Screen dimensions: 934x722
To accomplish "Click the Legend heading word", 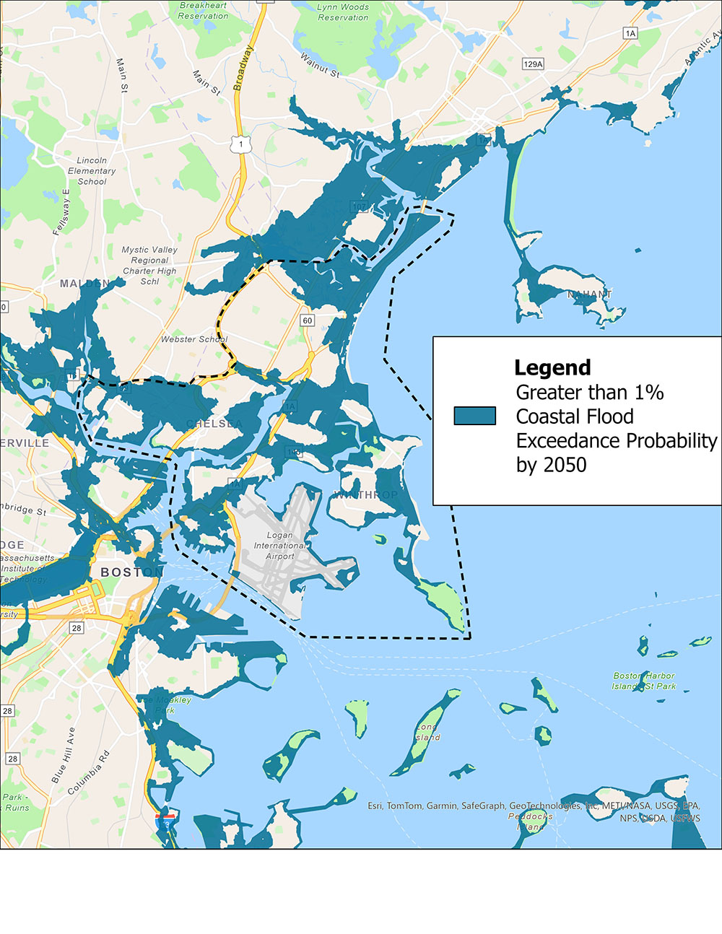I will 552,367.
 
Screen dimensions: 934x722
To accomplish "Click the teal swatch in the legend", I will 474,416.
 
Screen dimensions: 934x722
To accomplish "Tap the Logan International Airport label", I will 280,546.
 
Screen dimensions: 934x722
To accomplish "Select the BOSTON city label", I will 131,572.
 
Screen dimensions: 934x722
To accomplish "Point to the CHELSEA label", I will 214,424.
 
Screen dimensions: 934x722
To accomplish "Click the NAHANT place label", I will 589,294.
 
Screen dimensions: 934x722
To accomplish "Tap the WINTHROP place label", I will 365,494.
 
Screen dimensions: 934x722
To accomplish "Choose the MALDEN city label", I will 84,284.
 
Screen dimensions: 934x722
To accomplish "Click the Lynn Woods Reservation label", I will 343,12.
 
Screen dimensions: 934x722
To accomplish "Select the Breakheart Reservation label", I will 204,11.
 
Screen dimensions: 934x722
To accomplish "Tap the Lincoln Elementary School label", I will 92,171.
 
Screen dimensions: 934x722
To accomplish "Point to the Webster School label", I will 194,339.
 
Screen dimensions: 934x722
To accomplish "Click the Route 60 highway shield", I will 308,320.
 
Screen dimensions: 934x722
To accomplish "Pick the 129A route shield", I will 533,64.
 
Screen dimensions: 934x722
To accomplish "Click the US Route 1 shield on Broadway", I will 240,145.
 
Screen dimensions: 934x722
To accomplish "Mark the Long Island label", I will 427,733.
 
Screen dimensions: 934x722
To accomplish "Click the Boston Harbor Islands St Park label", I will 644,681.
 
